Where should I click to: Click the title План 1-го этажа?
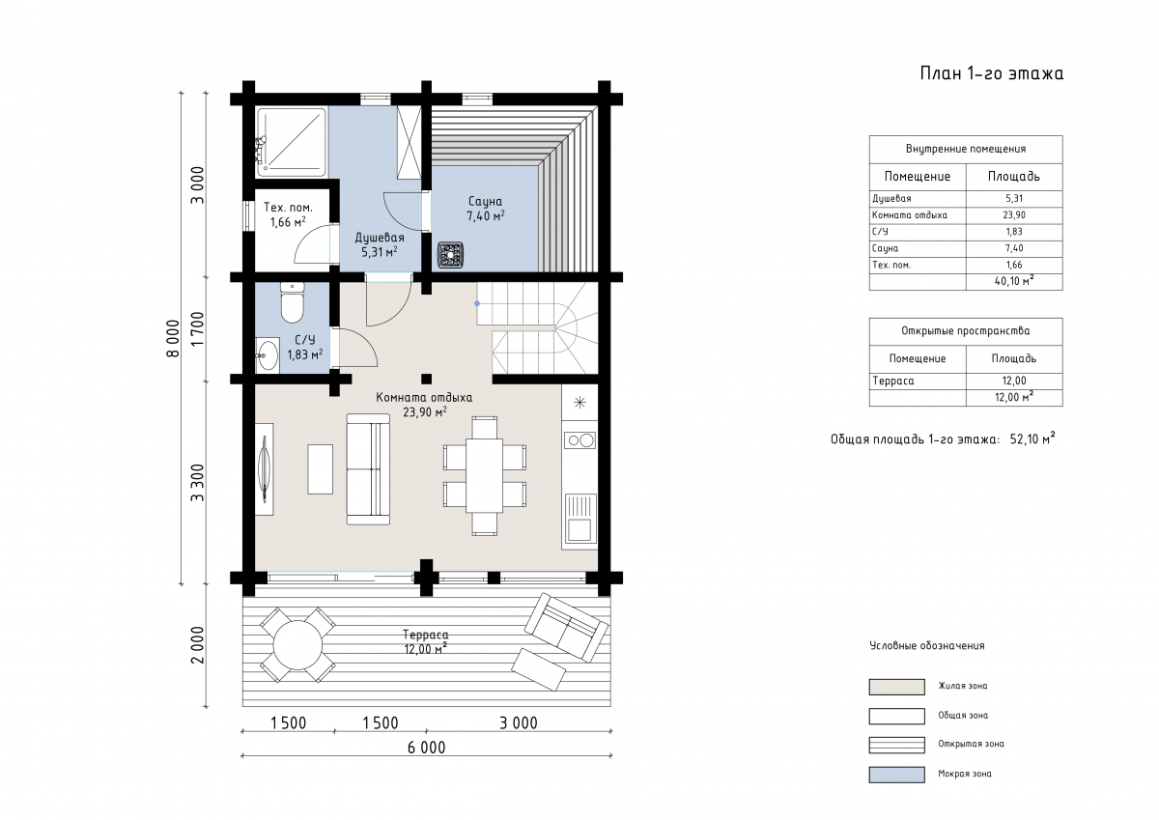991,73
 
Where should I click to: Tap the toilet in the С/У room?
293,302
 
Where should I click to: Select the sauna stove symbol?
450,255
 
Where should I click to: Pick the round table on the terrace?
297,645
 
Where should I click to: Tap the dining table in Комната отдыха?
484,475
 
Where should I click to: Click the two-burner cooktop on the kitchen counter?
579,440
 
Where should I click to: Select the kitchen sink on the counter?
579,519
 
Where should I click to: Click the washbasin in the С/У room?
268,354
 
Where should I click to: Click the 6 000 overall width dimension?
426,748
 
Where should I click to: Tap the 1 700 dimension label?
198,329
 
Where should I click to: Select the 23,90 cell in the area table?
1013,214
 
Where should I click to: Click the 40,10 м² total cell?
1013,281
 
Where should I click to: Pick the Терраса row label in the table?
893,381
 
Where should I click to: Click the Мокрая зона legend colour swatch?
896,775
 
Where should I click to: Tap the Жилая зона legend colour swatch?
896,687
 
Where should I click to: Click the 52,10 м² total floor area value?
1032,438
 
